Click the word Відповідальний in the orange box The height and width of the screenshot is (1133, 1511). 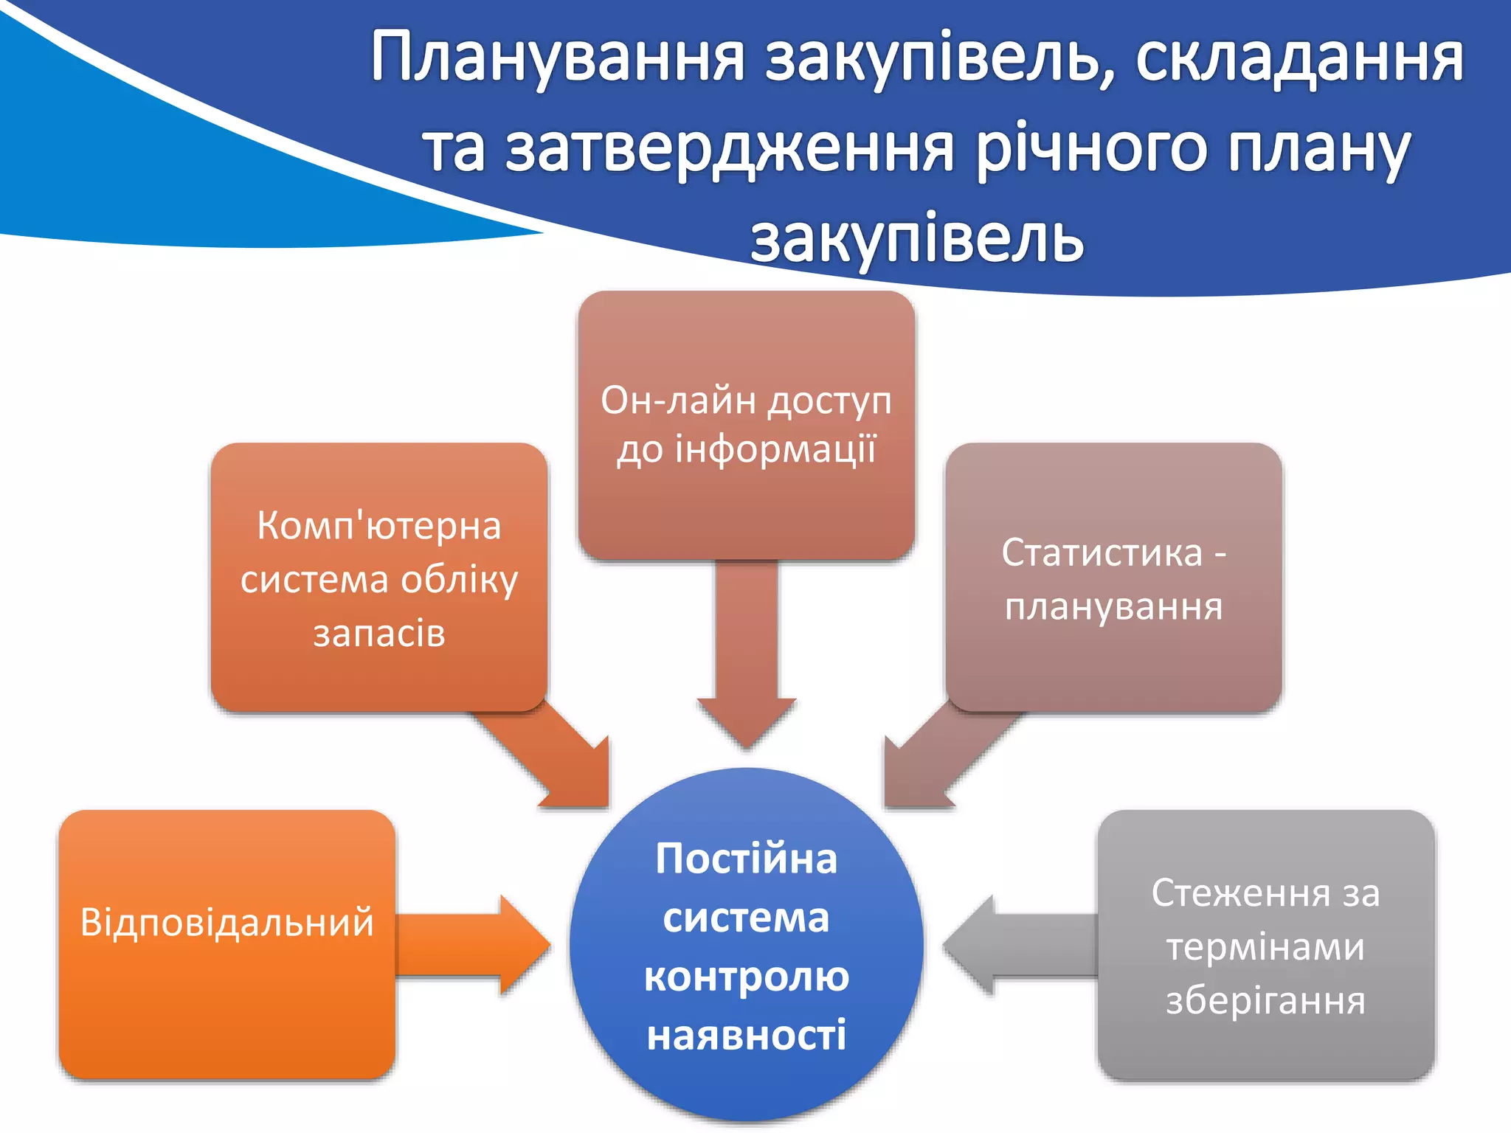(x=227, y=923)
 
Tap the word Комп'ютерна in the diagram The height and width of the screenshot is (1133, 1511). (x=378, y=526)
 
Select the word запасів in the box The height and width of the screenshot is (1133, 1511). (x=378, y=634)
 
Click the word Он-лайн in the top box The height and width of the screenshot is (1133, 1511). (x=678, y=401)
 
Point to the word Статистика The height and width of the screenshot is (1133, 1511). (x=1102, y=552)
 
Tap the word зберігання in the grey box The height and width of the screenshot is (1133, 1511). (x=1265, y=1001)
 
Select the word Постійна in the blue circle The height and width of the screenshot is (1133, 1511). (x=746, y=859)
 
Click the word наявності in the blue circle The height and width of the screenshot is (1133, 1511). (x=746, y=1035)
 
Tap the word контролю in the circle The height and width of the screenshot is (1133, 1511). (x=746, y=977)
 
